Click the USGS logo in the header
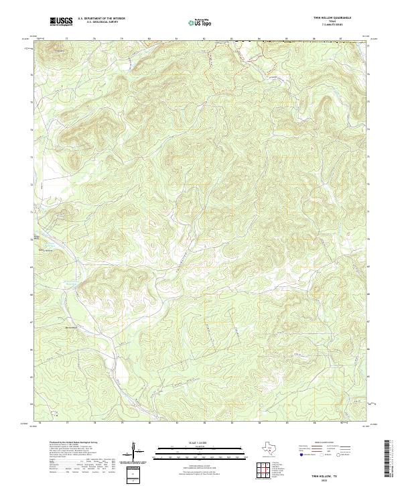coord(62,21)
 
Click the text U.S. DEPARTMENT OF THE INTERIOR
coord(101,19)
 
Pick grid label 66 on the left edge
coord(33,349)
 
